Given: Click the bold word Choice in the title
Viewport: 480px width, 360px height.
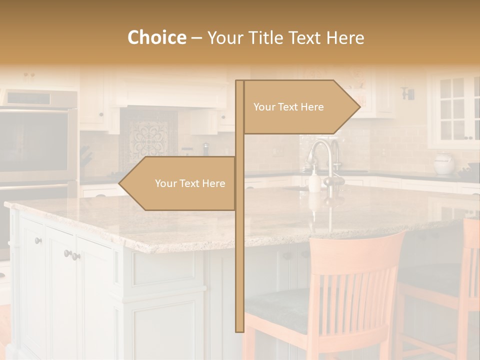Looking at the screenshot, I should click(x=156, y=37).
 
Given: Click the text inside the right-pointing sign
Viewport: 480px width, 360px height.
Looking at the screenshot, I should click(x=288, y=107).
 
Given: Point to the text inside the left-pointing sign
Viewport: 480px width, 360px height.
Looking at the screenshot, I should click(x=190, y=183).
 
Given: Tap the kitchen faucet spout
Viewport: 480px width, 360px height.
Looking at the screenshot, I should click(x=320, y=148).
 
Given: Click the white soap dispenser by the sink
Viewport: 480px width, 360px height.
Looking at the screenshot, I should click(x=314, y=181).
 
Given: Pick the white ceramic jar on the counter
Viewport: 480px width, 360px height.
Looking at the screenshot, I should click(x=443, y=163).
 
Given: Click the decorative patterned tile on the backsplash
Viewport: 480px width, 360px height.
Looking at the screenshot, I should click(x=149, y=137).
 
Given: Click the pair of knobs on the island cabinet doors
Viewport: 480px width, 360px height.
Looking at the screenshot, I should click(x=72, y=255).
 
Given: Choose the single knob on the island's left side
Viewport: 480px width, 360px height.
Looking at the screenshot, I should click(x=38, y=241).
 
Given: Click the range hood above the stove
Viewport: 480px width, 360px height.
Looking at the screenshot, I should click(x=165, y=95).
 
